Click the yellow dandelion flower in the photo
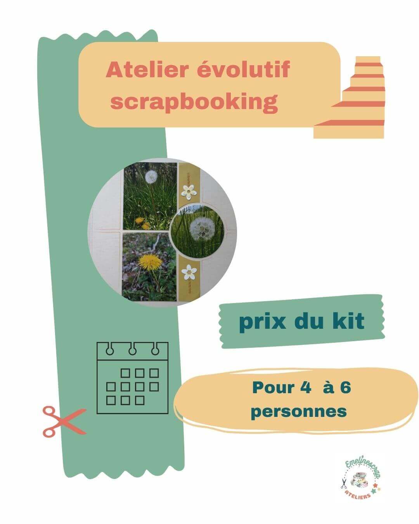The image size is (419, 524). (x=150, y=261)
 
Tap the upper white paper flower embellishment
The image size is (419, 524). (x=189, y=192)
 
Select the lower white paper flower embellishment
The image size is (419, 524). (x=189, y=272)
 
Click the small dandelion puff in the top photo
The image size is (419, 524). (x=151, y=177)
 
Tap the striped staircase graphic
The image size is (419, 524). (x=350, y=97)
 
